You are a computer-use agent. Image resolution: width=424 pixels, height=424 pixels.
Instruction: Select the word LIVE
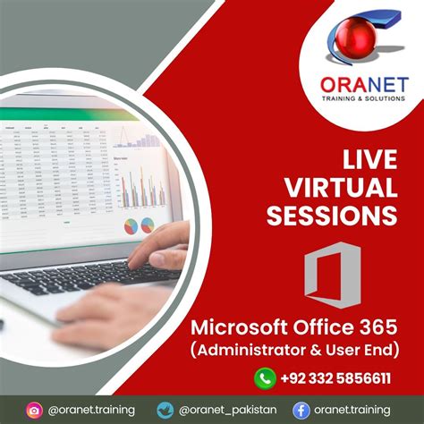(369, 160)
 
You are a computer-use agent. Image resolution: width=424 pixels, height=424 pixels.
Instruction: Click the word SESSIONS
(339, 216)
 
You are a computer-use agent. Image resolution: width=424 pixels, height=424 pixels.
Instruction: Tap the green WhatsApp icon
(266, 377)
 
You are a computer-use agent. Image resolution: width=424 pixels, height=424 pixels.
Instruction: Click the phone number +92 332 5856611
(340, 378)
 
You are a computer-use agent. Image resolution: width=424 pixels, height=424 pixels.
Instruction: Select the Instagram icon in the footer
(34, 410)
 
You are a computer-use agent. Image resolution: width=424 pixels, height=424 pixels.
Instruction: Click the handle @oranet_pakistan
(234, 410)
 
